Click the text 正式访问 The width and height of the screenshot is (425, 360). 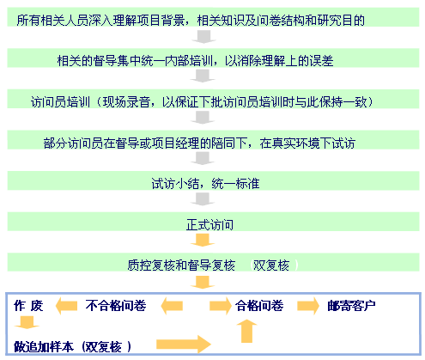click(x=209, y=225)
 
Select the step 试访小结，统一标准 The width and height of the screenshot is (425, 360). click(x=205, y=184)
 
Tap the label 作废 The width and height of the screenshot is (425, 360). click(x=28, y=306)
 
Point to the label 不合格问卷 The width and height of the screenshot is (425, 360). click(x=116, y=306)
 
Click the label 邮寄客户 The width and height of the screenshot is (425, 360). click(x=351, y=306)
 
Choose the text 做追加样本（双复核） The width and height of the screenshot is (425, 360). click(x=73, y=347)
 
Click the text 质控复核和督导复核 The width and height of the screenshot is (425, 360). click(x=181, y=265)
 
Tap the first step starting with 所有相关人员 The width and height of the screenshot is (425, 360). click(x=191, y=21)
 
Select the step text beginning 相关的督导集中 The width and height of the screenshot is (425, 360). click(x=195, y=61)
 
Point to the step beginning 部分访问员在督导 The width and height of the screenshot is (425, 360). click(x=199, y=143)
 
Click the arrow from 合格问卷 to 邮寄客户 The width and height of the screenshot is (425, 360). click(x=308, y=306)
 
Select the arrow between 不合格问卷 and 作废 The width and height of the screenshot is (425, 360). click(x=66, y=306)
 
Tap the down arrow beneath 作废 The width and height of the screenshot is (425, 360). click(x=27, y=322)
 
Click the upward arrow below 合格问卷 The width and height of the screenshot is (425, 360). click(x=246, y=331)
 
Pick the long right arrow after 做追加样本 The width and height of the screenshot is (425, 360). click(x=184, y=345)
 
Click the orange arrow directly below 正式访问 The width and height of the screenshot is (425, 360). click(x=203, y=240)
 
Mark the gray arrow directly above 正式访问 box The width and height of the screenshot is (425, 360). click(x=203, y=199)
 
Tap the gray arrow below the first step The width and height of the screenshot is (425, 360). click(x=203, y=37)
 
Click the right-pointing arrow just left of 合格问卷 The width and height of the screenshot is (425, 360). click(x=221, y=306)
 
